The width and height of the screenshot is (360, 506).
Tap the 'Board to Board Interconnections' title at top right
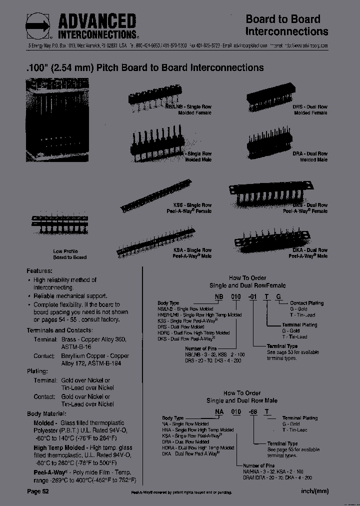286,25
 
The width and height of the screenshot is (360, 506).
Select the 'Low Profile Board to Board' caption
69,254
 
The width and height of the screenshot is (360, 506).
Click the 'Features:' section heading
39,270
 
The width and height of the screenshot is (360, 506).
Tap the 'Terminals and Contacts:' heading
59,330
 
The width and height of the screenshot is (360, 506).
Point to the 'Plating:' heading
37,371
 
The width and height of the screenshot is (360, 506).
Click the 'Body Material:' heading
46,414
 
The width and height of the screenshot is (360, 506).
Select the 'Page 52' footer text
38,491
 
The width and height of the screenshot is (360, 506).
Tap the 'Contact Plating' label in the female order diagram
306,303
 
